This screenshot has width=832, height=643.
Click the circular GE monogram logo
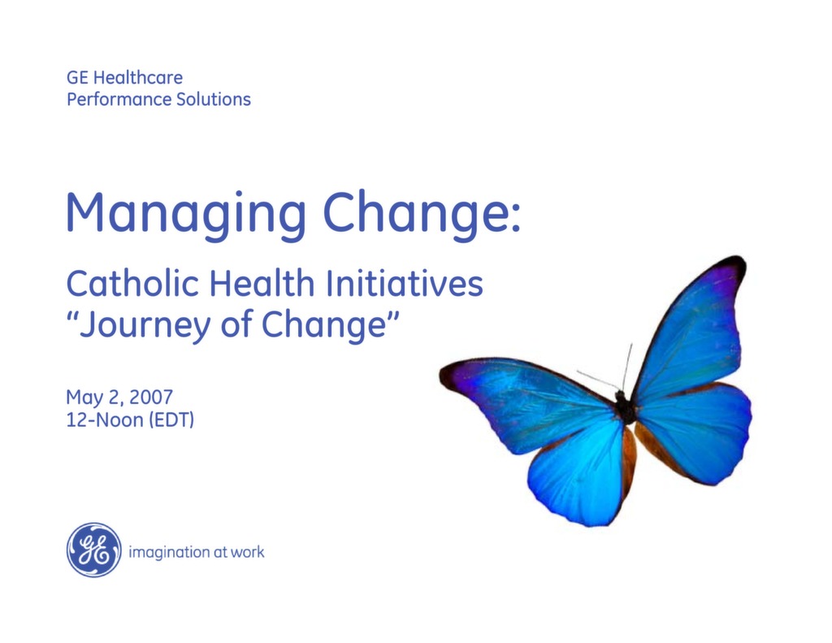(93, 550)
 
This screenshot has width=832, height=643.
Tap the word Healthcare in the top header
(138, 78)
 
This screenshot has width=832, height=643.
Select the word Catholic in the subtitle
(133, 284)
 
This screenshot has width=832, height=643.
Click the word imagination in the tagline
(168, 552)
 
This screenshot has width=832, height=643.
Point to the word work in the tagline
(247, 552)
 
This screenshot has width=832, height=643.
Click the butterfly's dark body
(625, 406)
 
